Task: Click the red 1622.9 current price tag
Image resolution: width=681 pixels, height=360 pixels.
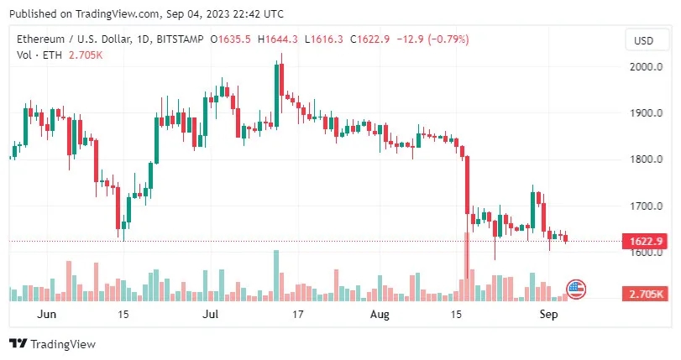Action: pos(647,242)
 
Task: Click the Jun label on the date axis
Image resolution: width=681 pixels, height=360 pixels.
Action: pos(47,315)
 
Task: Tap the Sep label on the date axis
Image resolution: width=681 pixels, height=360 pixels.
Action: pos(548,315)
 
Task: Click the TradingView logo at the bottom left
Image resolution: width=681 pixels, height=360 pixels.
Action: pos(52,343)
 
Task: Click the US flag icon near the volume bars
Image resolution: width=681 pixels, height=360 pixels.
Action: pos(576,290)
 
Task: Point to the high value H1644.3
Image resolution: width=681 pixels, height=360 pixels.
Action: pos(279,39)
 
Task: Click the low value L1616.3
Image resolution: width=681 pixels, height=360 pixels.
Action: pos(325,39)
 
